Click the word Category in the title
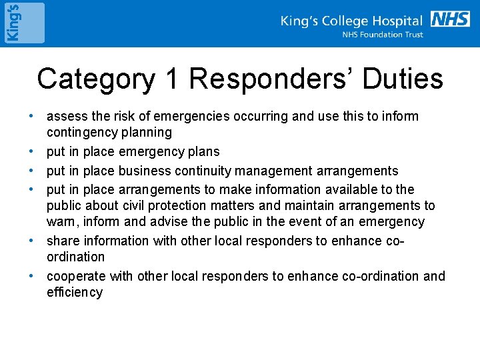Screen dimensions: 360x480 point(95,79)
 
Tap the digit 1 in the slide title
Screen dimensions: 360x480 point(171,79)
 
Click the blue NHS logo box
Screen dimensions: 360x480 point(450,19)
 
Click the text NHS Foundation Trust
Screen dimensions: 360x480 point(383,35)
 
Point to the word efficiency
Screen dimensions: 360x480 point(75,292)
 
